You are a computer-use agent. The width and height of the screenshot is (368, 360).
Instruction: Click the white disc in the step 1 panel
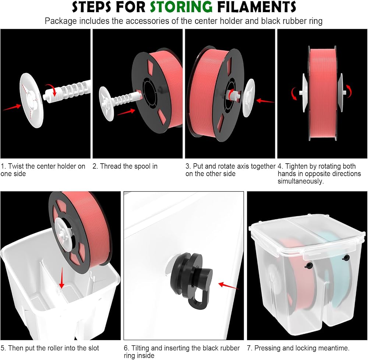point(31,100)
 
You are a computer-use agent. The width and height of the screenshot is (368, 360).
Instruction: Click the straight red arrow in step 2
point(126,112)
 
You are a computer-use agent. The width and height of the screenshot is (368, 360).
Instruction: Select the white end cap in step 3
point(248,98)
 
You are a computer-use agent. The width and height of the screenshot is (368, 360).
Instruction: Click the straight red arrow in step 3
point(265,101)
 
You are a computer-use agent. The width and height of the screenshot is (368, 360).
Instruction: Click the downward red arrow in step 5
point(61,277)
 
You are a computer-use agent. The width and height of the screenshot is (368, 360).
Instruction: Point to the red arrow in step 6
point(229,286)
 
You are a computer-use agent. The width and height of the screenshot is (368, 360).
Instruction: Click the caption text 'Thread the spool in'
point(128,166)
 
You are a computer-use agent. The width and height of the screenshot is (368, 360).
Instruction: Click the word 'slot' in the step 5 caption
point(93,348)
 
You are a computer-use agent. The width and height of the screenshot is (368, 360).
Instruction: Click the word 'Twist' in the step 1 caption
point(16,166)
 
